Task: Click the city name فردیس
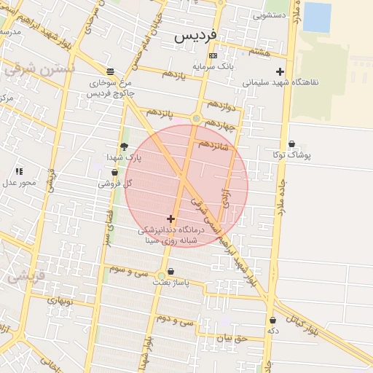pyautogui.click(x=195, y=34)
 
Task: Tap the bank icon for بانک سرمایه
pyautogui.click(x=213, y=55)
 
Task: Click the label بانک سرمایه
pyautogui.click(x=213, y=66)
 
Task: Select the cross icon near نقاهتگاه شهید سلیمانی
pyautogui.click(x=280, y=71)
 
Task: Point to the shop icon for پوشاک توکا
pyautogui.click(x=292, y=144)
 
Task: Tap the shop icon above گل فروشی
pyautogui.click(x=114, y=173)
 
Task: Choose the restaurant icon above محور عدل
pyautogui.click(x=19, y=170)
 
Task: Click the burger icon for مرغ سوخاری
pyautogui.click(x=110, y=71)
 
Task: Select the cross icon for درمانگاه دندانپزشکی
pyautogui.click(x=170, y=219)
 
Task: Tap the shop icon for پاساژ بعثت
pyautogui.click(x=171, y=271)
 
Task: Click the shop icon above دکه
pyautogui.click(x=272, y=320)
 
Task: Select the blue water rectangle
pyautogui.click(x=317, y=17)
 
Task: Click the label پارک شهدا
pyautogui.click(x=122, y=157)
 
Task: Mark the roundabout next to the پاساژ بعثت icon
pyautogui.click(x=161, y=275)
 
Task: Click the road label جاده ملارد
pyautogui.click(x=281, y=197)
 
